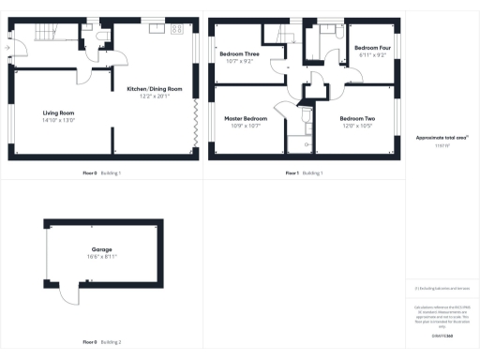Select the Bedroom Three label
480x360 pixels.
239,54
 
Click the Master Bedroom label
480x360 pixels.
246,119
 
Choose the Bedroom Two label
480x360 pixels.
358,119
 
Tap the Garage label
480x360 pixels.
102,249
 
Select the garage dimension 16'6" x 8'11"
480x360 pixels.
102,256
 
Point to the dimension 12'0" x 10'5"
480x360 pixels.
358,126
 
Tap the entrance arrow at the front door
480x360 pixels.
7,46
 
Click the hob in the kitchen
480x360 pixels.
174,30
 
